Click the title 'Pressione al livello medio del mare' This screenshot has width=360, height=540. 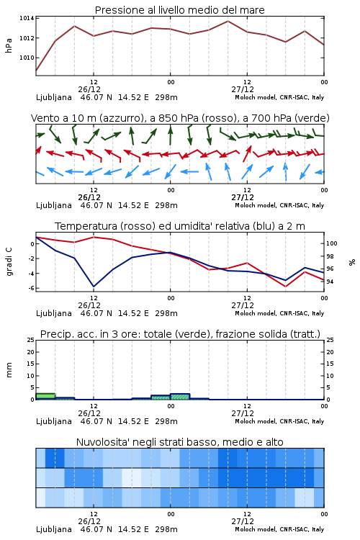pos(179,10)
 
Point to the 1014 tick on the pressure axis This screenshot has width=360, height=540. pos(27,18)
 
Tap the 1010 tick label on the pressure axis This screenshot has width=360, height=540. pos(27,58)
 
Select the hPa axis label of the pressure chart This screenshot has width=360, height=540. pos(9,45)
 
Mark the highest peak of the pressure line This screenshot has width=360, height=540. pos(228,21)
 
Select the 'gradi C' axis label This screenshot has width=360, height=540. pos(9,261)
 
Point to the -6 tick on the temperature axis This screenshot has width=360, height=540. pos(31,288)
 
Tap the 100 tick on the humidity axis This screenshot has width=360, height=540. pos(331,243)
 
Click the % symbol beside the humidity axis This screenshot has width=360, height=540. pos(352,262)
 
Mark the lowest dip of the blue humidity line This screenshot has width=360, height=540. pos(94,286)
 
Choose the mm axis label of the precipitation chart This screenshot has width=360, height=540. pos(9,369)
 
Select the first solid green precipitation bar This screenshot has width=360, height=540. pos(45,397)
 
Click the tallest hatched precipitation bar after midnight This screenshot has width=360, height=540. pos(180,397)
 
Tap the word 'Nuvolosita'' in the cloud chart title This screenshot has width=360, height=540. pos(98,442)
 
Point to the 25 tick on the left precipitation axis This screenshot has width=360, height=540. pos(31,341)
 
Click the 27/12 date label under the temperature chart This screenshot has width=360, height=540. pos(243,305)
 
